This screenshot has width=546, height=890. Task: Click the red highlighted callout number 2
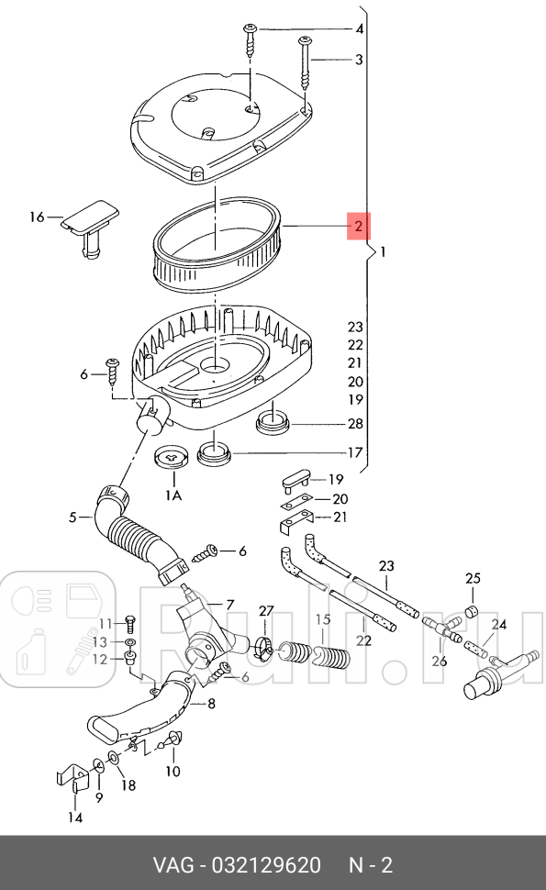(358, 226)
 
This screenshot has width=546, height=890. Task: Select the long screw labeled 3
(306, 61)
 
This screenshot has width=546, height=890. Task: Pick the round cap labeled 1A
(172, 455)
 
